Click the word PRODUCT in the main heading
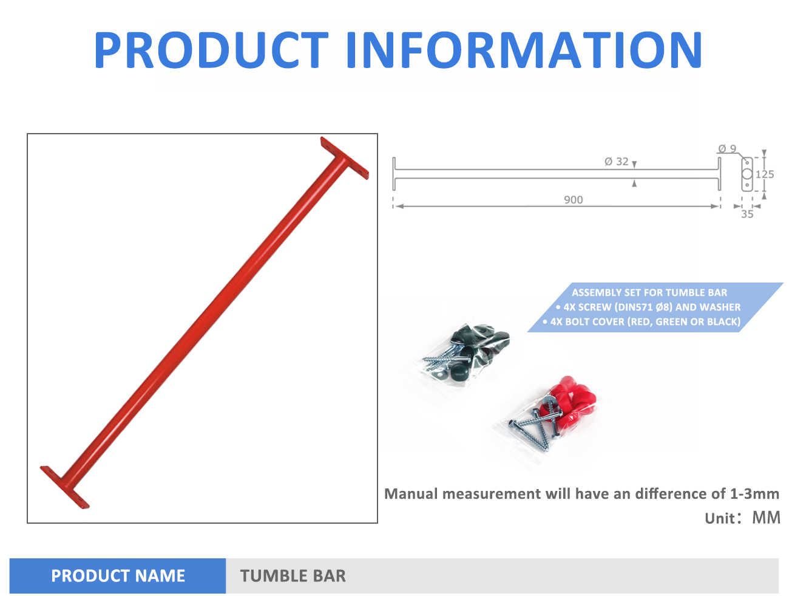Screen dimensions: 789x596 [x=211, y=50]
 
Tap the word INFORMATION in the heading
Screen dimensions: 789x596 [x=524, y=50]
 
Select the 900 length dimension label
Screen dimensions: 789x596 [x=573, y=200]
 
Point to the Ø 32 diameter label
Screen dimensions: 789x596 [x=617, y=162]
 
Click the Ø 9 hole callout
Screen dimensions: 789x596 [x=727, y=149]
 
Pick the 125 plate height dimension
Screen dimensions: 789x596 [x=765, y=174]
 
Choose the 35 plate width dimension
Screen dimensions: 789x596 [x=747, y=214]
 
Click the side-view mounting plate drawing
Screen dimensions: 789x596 [x=747, y=174]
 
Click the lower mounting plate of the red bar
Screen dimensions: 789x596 [x=65, y=487]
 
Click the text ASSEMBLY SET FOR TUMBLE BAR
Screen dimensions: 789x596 [x=649, y=293]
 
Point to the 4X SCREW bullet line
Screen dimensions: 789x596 [x=648, y=307]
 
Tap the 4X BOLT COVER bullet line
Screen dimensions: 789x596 [x=642, y=321]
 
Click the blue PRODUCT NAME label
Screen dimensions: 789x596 [x=118, y=575]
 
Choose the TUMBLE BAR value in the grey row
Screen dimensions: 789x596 [x=293, y=576]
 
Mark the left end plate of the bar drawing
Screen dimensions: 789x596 [x=394, y=174]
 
